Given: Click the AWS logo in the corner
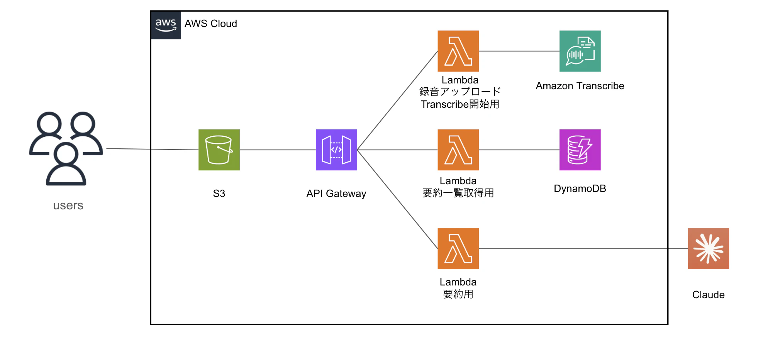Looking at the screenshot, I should [166, 25].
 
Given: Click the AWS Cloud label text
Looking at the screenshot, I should [210, 24].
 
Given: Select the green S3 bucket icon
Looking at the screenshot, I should [219, 150].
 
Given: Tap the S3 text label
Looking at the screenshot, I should [219, 194].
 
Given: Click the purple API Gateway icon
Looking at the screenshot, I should [336, 150].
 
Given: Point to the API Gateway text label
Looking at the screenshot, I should [336, 194].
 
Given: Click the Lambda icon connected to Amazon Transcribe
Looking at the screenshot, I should [458, 51].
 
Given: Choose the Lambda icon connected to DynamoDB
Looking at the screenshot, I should [458, 150].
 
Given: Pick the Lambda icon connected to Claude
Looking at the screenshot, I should [458, 248].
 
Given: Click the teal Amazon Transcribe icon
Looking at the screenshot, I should [580, 51].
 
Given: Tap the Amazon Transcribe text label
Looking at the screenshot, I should [580, 86].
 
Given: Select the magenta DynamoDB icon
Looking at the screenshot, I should [580, 150].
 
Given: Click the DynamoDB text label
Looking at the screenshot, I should [580, 188].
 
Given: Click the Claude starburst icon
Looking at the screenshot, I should [708, 248].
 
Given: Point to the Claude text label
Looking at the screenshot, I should [708, 295].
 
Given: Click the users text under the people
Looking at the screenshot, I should [68, 205].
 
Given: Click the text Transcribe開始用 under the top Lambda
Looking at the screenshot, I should [460, 104].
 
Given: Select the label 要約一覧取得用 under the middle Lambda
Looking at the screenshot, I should [458, 193].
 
